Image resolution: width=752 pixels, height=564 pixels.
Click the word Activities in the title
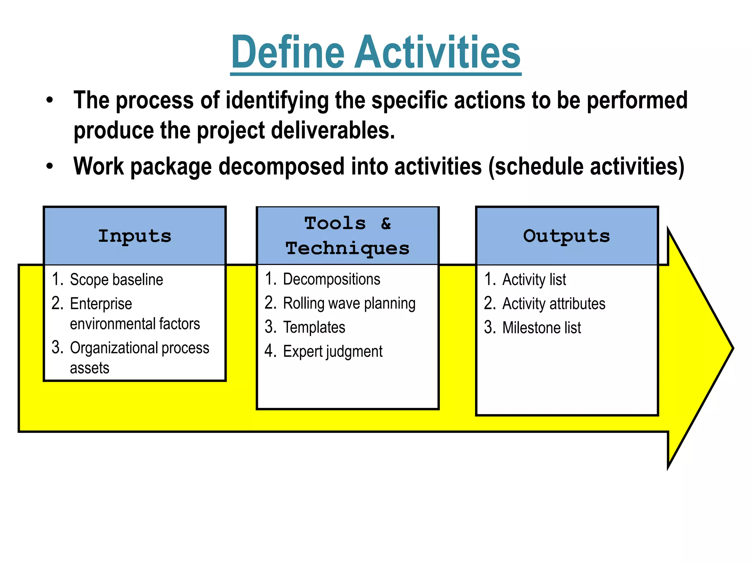tap(437, 52)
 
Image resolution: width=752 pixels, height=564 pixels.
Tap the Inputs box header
tap(134, 236)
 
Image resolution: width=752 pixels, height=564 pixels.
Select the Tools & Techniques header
tap(347, 236)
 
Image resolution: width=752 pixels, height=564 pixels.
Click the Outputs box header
tap(567, 236)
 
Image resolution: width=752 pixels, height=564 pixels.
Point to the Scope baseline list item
tap(116, 280)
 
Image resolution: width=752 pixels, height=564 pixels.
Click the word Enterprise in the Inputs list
tap(101, 304)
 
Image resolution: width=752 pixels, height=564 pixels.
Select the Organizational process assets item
tap(140, 348)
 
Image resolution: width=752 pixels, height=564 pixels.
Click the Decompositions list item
tap(331, 279)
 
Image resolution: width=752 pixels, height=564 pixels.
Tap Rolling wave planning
tap(349, 304)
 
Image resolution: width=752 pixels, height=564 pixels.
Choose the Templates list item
tap(314, 328)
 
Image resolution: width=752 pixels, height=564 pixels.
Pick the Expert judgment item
tap(332, 352)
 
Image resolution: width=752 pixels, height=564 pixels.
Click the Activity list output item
tap(534, 280)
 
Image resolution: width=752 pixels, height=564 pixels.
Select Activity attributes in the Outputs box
tap(553, 304)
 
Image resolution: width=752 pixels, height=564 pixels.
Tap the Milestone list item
tap(541, 328)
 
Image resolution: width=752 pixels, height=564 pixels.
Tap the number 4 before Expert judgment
tap(270, 351)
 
